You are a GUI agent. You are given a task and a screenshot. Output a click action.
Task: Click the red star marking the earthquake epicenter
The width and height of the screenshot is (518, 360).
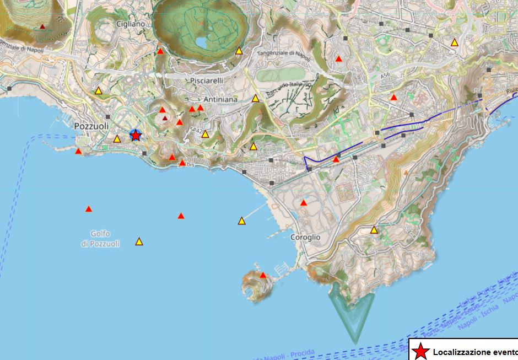click(x=136, y=135)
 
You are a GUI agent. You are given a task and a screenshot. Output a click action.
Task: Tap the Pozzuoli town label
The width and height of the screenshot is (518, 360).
click(x=91, y=126)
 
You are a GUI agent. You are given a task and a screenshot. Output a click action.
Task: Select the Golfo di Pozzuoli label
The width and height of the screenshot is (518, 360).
click(x=100, y=239)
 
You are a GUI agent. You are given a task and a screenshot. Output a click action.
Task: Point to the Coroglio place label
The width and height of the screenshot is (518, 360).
click(x=305, y=237)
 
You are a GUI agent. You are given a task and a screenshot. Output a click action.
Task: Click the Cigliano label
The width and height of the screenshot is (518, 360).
click(x=130, y=24)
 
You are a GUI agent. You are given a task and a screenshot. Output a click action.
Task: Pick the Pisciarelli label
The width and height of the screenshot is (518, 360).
click(x=206, y=80)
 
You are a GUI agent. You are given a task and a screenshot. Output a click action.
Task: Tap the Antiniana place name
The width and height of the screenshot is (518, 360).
click(x=220, y=100)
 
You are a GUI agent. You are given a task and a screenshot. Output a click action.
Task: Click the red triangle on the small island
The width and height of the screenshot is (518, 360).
click(x=263, y=275)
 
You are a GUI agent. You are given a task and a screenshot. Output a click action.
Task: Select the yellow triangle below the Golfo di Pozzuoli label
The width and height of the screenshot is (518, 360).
click(x=139, y=241)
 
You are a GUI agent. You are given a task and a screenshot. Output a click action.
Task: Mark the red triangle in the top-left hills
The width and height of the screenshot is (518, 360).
click(x=42, y=26)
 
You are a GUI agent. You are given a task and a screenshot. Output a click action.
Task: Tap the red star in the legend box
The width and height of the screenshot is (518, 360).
click(x=420, y=352)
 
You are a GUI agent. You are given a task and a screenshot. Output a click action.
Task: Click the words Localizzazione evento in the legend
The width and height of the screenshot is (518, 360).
click(x=474, y=352)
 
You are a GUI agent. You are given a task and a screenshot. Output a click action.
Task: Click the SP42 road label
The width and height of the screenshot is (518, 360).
click(x=196, y=130)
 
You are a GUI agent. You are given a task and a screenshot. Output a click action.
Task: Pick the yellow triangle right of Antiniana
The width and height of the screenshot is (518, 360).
click(x=256, y=99)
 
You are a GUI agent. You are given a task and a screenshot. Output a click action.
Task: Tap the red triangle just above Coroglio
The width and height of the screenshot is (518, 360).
click(x=304, y=203)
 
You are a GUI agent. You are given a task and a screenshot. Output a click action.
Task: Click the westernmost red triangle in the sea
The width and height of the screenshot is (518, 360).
click(x=89, y=209)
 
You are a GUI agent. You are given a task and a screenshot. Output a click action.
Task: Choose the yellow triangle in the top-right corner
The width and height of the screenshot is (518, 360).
click(x=455, y=42)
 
